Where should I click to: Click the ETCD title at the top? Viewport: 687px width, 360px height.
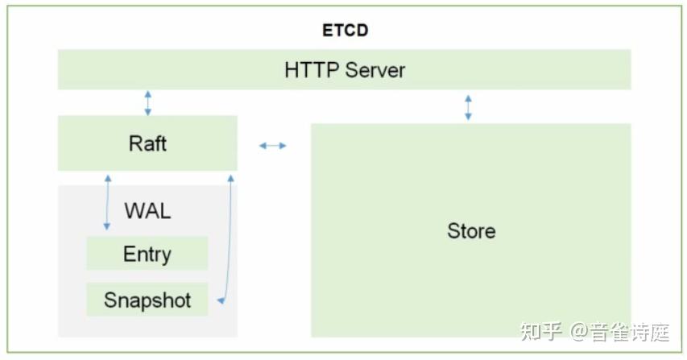[345, 31]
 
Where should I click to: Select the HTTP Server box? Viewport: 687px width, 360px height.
[344, 69]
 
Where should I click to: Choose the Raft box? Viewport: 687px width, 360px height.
[147, 143]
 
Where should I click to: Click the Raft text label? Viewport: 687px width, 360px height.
[147, 143]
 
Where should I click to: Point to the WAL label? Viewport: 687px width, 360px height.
[147, 211]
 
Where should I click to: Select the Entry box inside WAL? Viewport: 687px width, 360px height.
[147, 254]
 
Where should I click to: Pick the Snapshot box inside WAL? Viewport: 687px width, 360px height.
[147, 300]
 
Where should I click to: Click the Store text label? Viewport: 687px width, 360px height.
[471, 231]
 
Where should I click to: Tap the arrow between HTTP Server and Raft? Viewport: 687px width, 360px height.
[147, 102]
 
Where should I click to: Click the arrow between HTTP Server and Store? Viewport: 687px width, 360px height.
[468, 107]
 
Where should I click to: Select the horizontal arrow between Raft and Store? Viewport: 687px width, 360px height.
[272, 146]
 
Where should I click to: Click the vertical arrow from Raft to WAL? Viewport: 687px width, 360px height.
[107, 201]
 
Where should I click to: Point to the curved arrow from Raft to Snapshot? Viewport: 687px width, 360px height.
[230, 242]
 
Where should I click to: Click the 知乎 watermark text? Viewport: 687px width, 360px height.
[541, 331]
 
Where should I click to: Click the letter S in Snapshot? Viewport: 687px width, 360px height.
[110, 300]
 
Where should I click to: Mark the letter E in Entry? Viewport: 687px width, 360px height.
[128, 254]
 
